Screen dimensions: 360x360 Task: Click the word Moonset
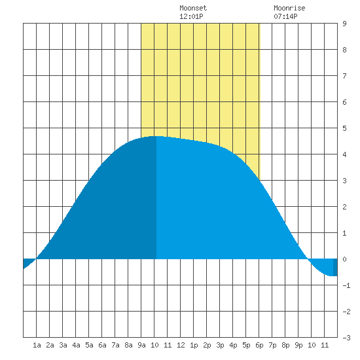click(x=193, y=8)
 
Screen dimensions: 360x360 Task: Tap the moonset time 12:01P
click(x=191, y=16)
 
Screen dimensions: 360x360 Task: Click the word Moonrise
click(x=289, y=8)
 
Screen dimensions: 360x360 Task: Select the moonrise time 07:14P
click(x=285, y=16)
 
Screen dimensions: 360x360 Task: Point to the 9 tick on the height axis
click(x=344, y=24)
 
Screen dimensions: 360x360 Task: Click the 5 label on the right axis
click(x=344, y=128)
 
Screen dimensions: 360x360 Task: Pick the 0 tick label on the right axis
click(x=344, y=259)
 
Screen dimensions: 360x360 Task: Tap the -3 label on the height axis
click(x=346, y=338)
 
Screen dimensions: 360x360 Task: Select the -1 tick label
click(x=346, y=285)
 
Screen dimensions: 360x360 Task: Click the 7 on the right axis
click(x=344, y=76)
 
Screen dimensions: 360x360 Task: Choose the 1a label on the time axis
click(x=37, y=345)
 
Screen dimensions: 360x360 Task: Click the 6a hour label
click(x=102, y=345)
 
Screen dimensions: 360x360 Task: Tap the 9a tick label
click(x=141, y=345)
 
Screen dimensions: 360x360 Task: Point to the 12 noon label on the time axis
click(x=181, y=345)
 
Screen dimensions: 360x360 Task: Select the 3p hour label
click(x=220, y=345)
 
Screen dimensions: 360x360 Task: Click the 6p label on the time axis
click(x=259, y=345)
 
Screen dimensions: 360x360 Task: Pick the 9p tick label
click(x=298, y=345)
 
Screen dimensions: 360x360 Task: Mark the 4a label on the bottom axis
click(x=76, y=345)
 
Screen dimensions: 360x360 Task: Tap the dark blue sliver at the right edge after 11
click(x=335, y=267)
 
